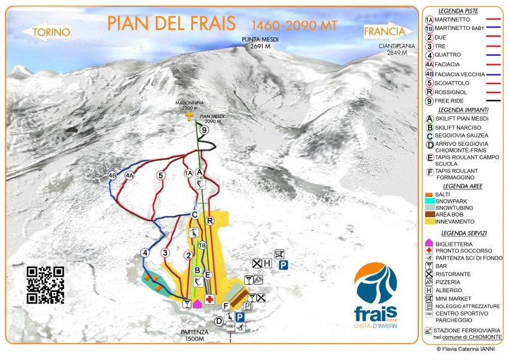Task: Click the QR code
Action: point(46,284)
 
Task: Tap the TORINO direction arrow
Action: point(47,32)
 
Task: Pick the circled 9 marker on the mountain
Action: point(204,130)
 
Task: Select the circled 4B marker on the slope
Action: point(112,175)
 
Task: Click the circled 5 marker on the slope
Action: point(160,175)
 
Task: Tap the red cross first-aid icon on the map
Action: point(210,299)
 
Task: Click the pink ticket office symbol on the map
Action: point(197,303)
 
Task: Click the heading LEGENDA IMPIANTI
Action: point(462,110)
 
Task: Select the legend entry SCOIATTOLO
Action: point(457,83)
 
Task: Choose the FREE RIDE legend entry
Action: point(454,101)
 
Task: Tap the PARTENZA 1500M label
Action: point(194,335)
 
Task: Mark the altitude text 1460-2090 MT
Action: point(294,25)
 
